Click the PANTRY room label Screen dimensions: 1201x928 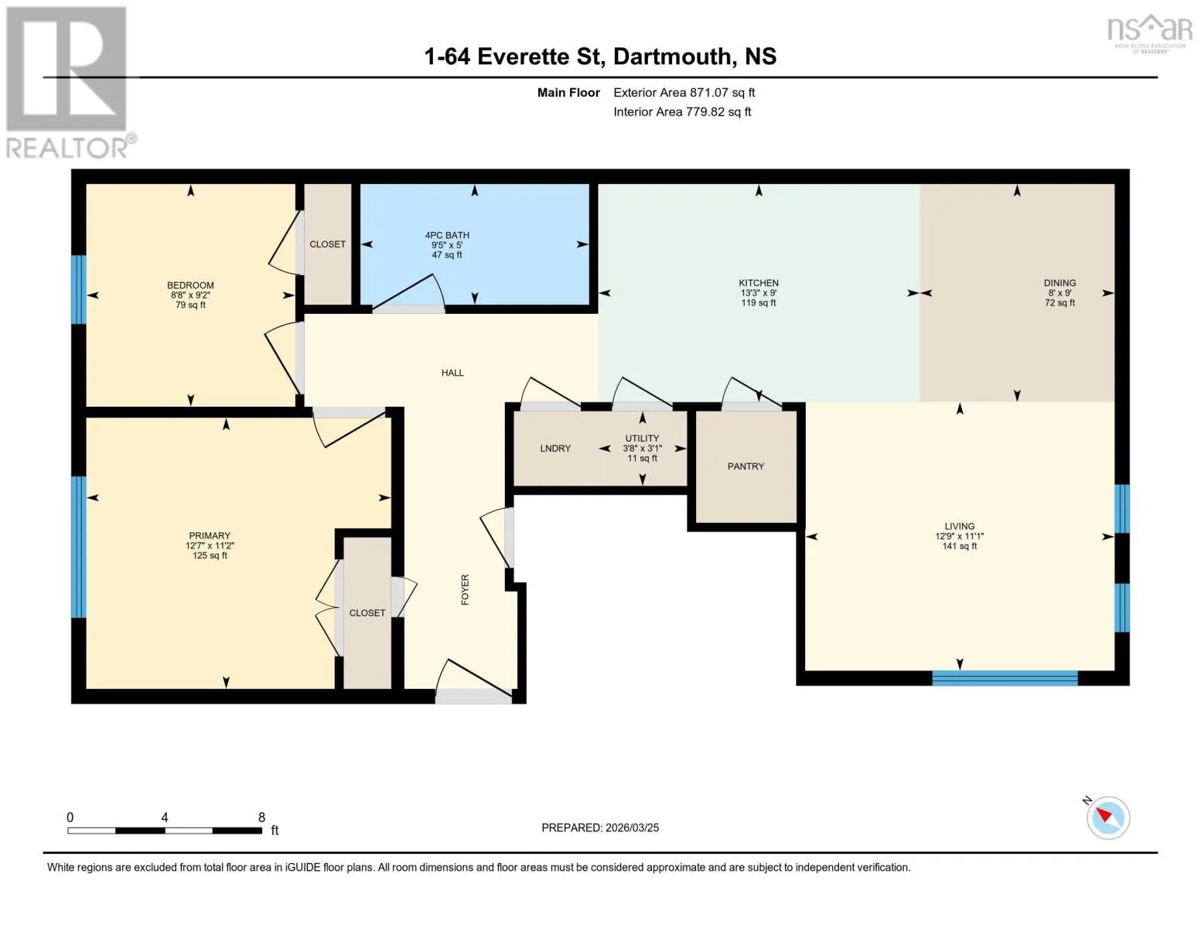(746, 466)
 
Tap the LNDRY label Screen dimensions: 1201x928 (555, 449)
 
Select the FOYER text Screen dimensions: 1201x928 (465, 589)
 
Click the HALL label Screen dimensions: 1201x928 (452, 373)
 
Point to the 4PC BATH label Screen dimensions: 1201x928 (446, 235)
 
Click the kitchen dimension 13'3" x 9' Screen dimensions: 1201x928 (759, 293)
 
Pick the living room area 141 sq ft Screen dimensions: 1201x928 (960, 546)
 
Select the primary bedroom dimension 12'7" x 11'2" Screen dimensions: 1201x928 (210, 545)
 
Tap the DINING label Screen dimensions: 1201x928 (1059, 283)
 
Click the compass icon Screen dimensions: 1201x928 (1107, 818)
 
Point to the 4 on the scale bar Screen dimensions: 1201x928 (165, 817)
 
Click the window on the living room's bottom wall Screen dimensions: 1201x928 (1005, 677)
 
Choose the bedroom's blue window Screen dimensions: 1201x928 (78, 289)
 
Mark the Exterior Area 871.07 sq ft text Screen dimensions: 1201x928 (684, 93)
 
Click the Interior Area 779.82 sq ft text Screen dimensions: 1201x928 (682, 112)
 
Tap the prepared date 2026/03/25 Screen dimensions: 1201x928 (632, 827)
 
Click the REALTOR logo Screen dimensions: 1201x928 (70, 83)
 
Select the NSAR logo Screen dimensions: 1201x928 (1150, 33)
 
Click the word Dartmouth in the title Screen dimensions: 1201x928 (671, 56)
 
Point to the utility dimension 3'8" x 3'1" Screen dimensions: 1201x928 (642, 449)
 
